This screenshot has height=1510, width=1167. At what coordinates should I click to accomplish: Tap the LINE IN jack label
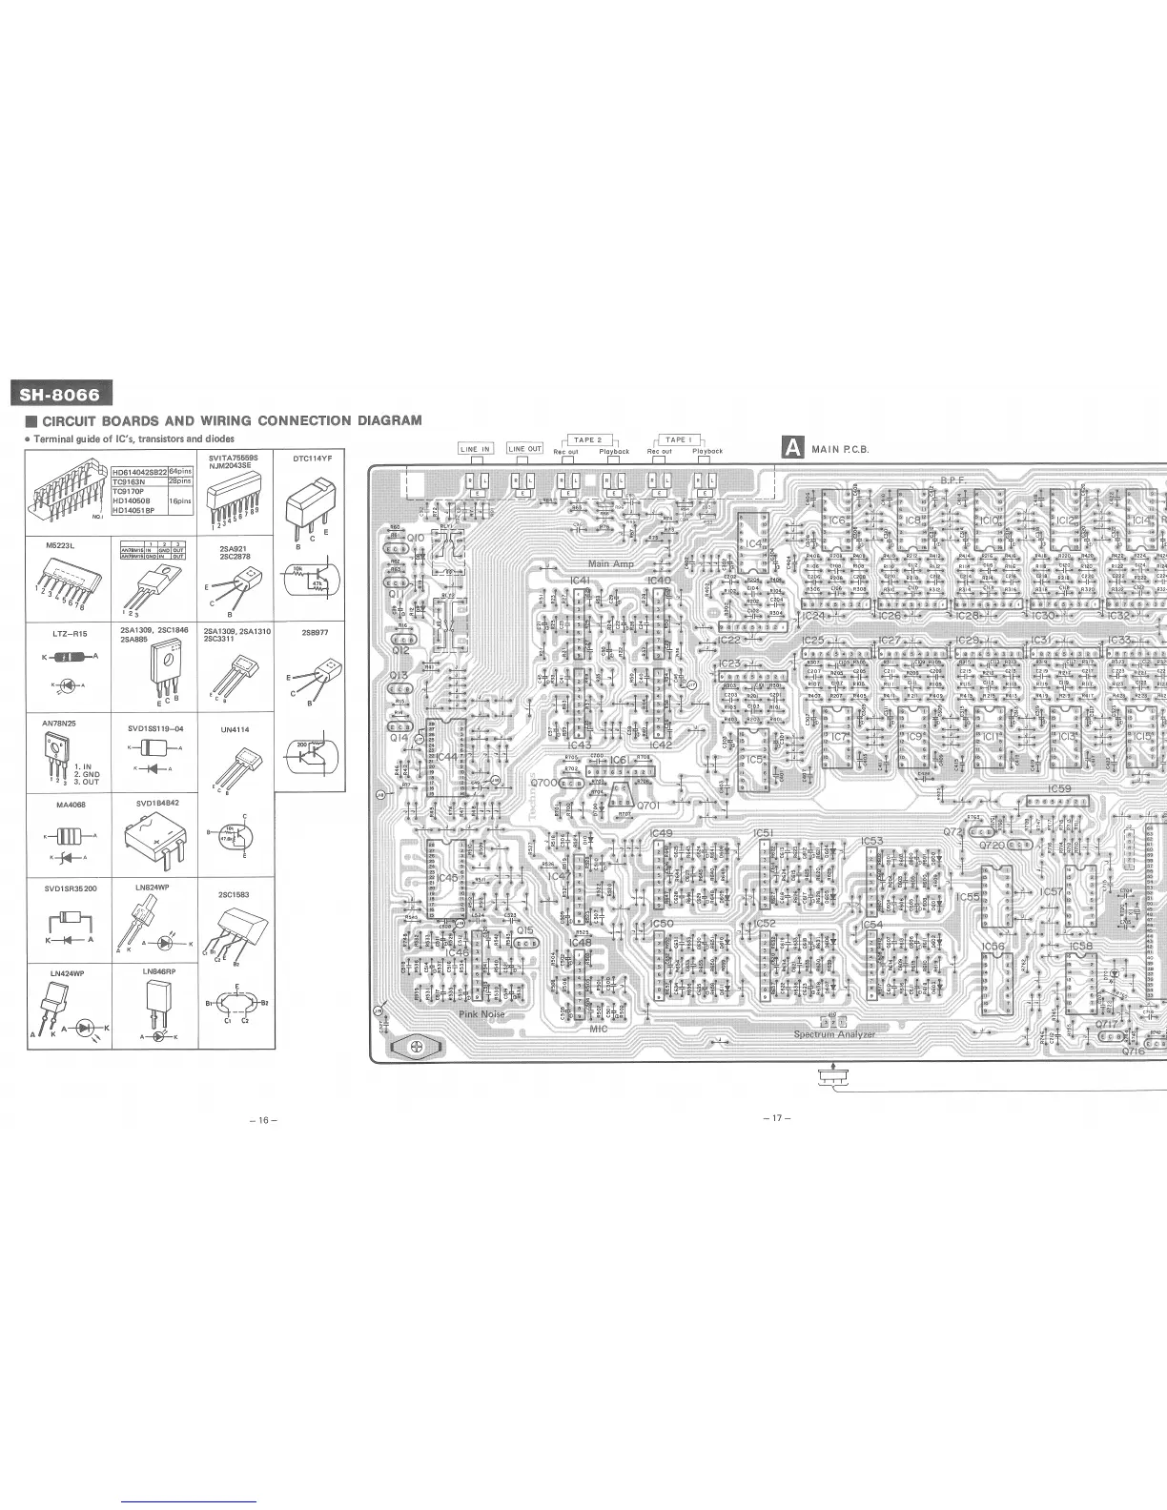pyautogui.click(x=475, y=449)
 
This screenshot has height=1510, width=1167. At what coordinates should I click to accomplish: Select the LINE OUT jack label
pyautogui.click(x=524, y=449)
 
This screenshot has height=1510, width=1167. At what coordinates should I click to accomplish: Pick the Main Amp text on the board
pyautogui.click(x=611, y=564)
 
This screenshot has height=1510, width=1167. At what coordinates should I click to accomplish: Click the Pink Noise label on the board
pyautogui.click(x=481, y=1014)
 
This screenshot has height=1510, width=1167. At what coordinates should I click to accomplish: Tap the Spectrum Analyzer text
pyautogui.click(x=834, y=1034)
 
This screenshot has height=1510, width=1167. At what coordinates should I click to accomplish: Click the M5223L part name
pyautogui.click(x=59, y=545)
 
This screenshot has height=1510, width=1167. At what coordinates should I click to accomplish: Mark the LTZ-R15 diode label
pyautogui.click(x=70, y=633)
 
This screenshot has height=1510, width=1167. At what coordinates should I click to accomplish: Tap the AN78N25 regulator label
pyautogui.click(x=59, y=724)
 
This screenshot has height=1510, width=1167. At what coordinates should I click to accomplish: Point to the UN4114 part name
pyautogui.click(x=235, y=730)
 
